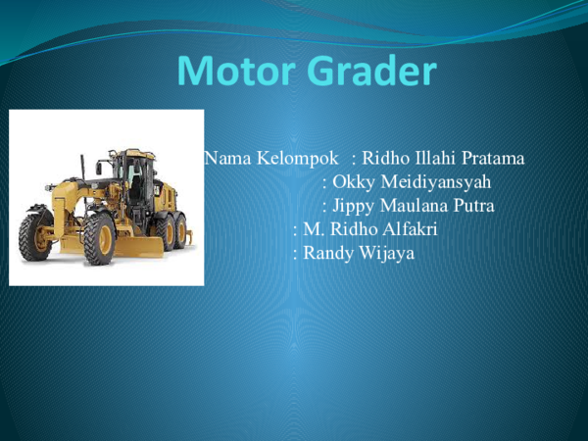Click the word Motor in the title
[235, 71]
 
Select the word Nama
[227, 158]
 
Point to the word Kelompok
[298, 159]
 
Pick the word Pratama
[493, 158]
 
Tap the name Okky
[354, 182]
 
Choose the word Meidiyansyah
[436, 182]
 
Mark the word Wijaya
[387, 253]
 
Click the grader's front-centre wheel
[99, 239]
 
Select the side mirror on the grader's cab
[99, 168]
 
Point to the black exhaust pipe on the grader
[82, 168]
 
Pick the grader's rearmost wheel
[180, 231]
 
